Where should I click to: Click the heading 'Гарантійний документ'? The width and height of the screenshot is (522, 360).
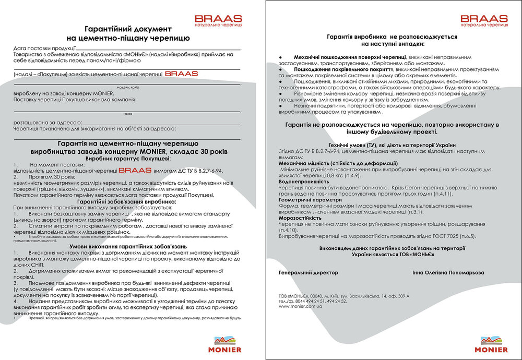click(x=128, y=29)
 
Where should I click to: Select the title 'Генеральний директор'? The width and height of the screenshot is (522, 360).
click(x=309, y=272)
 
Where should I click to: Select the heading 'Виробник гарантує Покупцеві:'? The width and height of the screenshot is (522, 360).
click(x=128, y=157)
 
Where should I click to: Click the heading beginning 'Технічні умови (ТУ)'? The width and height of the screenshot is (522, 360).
click(x=392, y=145)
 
